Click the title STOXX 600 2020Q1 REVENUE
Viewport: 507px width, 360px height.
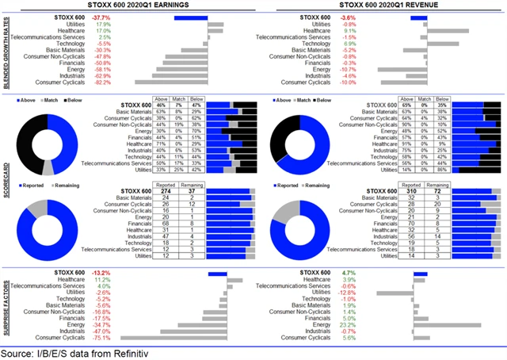tap(383, 6)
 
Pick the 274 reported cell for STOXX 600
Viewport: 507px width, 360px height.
tap(166, 190)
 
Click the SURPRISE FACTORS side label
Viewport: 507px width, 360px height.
tap(6, 304)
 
